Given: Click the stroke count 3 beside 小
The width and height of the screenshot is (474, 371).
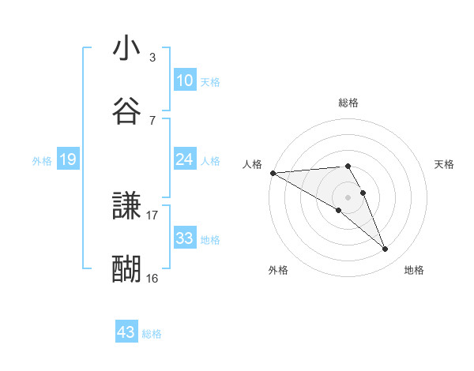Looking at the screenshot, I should pyautogui.click(x=152, y=58).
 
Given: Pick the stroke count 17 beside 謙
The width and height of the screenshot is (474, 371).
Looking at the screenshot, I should pyautogui.click(x=152, y=215).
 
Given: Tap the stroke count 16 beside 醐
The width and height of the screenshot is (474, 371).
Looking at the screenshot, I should pyautogui.click(x=152, y=278).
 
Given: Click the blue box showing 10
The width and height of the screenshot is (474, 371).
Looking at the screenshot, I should pyautogui.click(x=184, y=81).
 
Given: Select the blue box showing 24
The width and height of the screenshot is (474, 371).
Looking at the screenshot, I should pyautogui.click(x=184, y=159).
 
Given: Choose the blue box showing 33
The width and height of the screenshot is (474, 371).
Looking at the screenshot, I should pyautogui.click(x=184, y=238).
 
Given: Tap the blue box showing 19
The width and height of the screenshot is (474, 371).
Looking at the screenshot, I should pyautogui.click(x=68, y=159).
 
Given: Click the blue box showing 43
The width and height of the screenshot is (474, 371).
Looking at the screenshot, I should pyautogui.click(x=126, y=332).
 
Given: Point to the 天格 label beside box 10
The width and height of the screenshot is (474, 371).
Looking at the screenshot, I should pyautogui.click(x=210, y=82).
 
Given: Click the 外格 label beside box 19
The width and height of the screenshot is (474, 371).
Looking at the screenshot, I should pyautogui.click(x=42, y=161).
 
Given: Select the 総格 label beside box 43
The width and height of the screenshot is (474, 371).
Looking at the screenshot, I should pyautogui.click(x=152, y=334).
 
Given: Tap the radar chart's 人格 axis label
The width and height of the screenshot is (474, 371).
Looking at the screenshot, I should pyautogui.click(x=252, y=164).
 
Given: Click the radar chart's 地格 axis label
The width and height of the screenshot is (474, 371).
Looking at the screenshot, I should pyautogui.click(x=414, y=271).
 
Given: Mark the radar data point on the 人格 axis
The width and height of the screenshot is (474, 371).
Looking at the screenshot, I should pyautogui.click(x=273, y=173).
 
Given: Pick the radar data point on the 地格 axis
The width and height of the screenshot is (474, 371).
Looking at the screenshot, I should pyautogui.click(x=385, y=249).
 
